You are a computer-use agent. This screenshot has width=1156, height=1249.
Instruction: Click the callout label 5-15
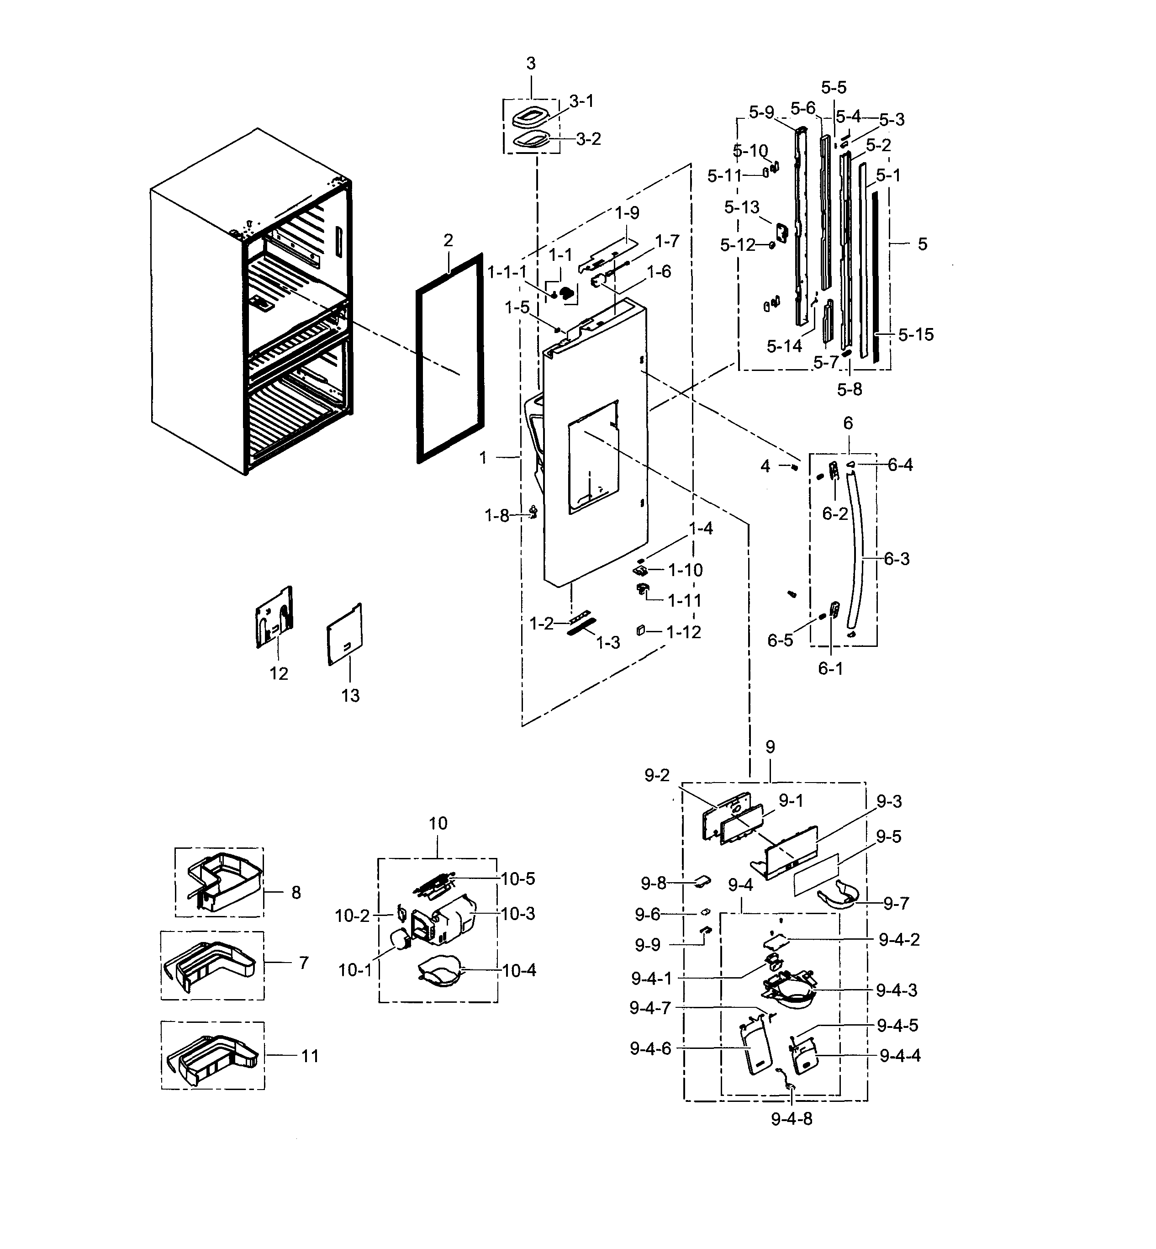(x=916, y=335)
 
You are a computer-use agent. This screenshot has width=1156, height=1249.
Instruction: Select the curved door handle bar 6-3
(x=861, y=550)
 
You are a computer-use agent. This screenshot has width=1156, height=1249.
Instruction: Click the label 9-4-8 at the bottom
(x=792, y=1119)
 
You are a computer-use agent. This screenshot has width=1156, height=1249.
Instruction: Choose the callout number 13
(x=350, y=695)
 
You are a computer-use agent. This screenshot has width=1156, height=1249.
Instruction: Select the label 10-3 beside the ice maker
(x=518, y=914)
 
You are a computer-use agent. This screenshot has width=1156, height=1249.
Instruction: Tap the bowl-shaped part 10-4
(x=440, y=973)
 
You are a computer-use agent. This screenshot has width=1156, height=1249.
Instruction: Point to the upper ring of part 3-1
(x=530, y=116)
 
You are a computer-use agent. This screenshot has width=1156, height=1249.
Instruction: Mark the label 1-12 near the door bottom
(x=684, y=632)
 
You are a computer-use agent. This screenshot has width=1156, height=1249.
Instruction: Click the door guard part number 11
(x=310, y=1056)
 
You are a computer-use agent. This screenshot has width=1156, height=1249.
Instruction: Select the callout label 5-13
(x=741, y=207)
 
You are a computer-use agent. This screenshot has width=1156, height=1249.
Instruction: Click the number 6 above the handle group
(x=848, y=423)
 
